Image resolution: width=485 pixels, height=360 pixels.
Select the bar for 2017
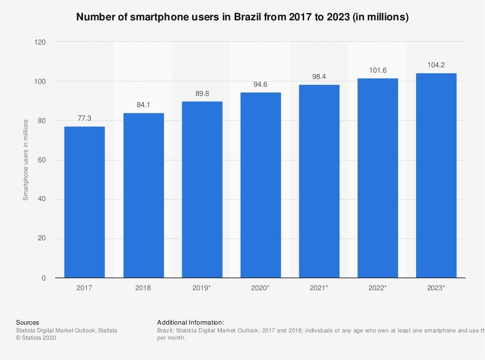pos(84,202)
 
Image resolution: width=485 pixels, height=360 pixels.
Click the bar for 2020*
pos(260,185)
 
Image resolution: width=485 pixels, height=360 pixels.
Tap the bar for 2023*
pos(436,175)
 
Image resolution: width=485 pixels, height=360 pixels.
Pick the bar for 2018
pos(144,195)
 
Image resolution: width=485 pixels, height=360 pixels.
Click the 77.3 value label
pos(84,118)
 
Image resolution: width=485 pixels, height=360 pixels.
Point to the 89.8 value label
pos(202,93)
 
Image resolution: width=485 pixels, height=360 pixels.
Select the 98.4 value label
pos(319,77)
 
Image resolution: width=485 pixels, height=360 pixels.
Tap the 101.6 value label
pos(378,70)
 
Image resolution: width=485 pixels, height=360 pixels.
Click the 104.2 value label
pos(436,65)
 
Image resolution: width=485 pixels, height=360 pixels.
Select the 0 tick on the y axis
pos(44,278)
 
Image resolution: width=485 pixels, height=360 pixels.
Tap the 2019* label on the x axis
pos(202,288)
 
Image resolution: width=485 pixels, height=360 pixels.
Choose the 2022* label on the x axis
pos(378,288)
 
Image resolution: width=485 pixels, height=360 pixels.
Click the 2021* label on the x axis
pos(319,288)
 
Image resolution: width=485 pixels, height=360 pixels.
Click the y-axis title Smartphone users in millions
pos(26,159)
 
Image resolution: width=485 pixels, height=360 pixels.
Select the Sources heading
pos(28,322)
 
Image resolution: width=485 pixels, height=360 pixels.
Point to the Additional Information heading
pos(191,322)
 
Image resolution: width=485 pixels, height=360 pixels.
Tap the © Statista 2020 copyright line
pos(36,338)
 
